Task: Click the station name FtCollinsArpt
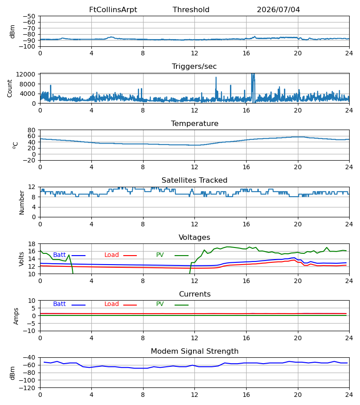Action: pos(113,10)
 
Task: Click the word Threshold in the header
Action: pos(191,10)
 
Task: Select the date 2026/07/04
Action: pos(278,10)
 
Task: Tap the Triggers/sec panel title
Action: pos(194,67)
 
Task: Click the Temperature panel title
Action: pos(194,123)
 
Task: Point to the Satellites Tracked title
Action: pos(194,180)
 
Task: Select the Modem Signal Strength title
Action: pos(194,351)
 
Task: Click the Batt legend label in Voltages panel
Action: pos(59,255)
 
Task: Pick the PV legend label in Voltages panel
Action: pos(160,255)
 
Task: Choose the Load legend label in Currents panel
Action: pos(112,304)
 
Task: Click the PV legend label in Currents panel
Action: pos(160,304)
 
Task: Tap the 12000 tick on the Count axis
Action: pos(26,74)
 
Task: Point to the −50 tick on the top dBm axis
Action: pos(29,16)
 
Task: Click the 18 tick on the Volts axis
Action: pos(32,244)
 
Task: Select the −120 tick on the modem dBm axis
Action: pos(27,388)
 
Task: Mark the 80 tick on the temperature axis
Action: pos(32,130)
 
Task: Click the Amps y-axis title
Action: pos(16,316)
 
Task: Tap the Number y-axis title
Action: pos(22,202)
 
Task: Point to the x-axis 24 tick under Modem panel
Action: pos(349,395)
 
